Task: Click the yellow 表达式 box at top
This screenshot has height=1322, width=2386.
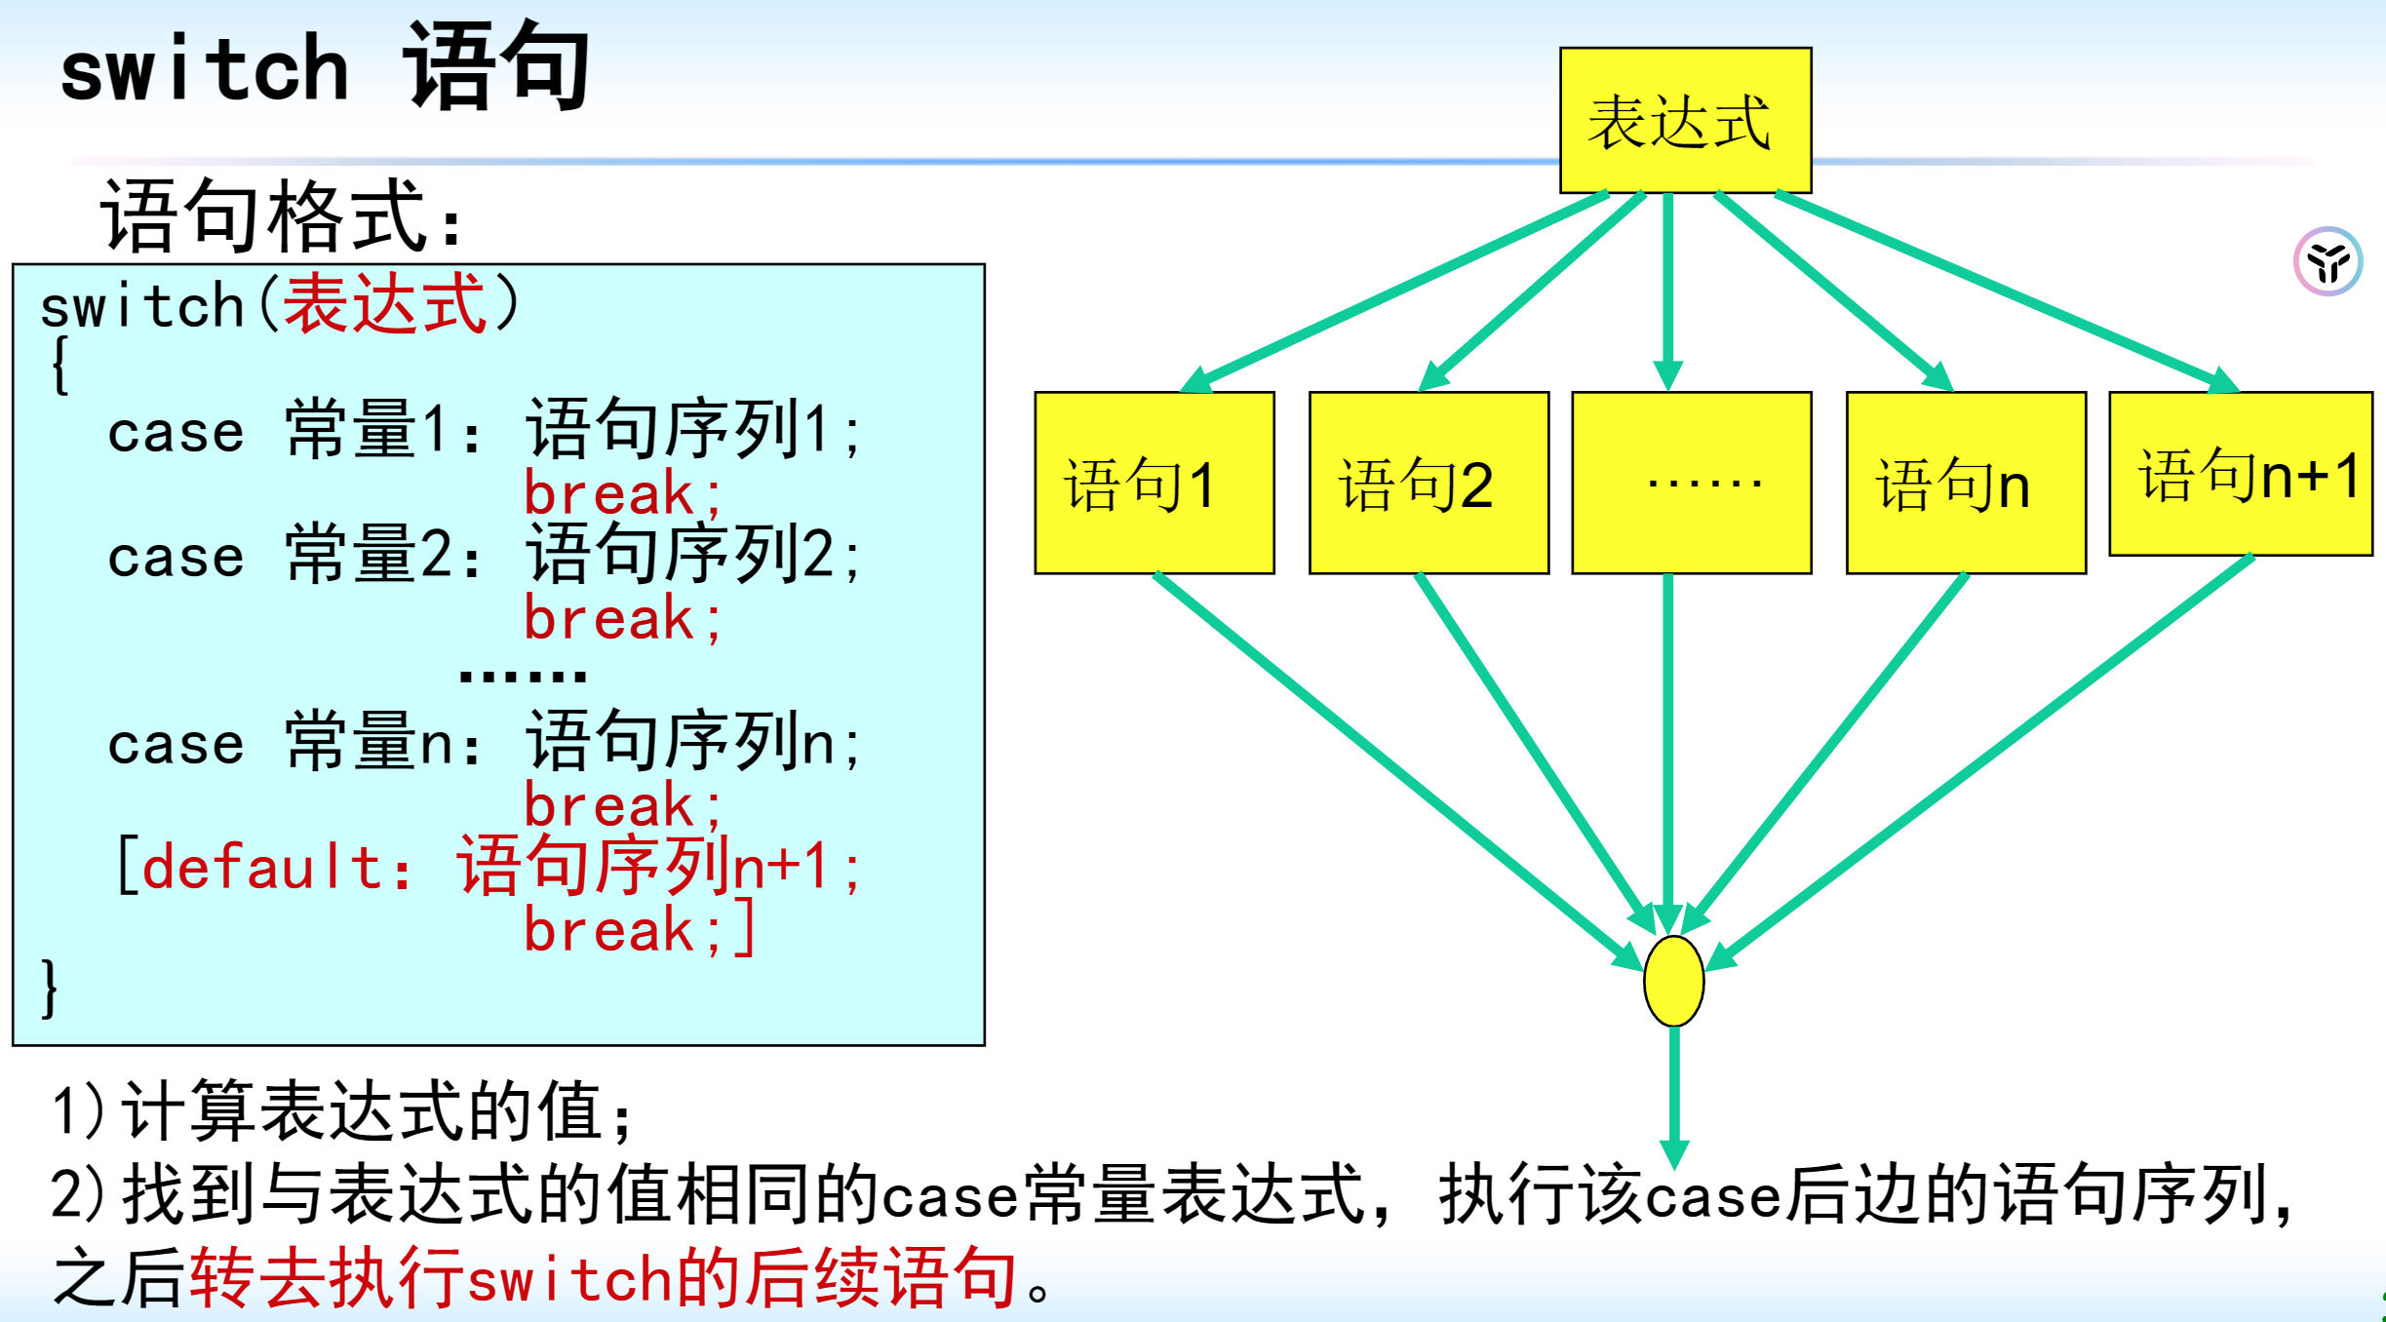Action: [1685, 120]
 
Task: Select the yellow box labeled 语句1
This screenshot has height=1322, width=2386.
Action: [1154, 483]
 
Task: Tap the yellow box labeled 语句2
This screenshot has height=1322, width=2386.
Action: [1428, 483]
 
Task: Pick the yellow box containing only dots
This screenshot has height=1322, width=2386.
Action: [1692, 483]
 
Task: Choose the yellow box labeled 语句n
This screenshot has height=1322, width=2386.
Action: [1966, 483]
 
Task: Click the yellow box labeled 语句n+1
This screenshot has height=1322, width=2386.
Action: [2241, 474]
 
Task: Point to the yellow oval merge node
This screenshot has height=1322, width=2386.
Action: [1673, 981]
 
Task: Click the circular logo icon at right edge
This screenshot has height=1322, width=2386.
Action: [2327, 261]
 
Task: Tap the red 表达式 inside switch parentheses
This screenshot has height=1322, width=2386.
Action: [384, 304]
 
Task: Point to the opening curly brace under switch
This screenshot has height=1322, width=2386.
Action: [59, 366]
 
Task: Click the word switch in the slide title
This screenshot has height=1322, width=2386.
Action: [205, 68]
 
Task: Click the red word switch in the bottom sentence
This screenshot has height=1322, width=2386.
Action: [570, 1279]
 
